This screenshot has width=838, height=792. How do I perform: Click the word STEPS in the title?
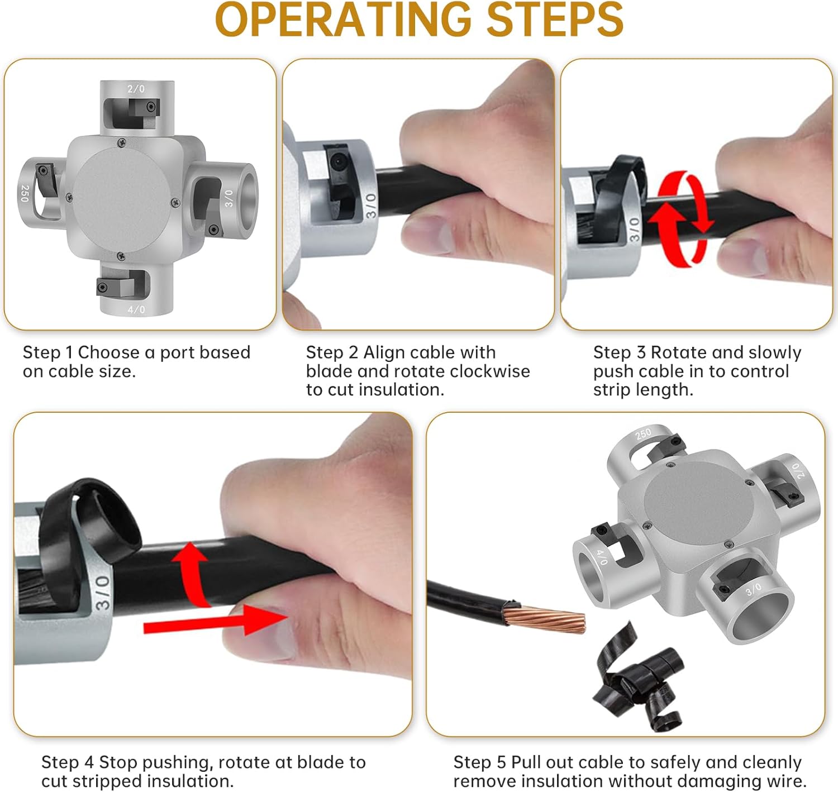click(555, 20)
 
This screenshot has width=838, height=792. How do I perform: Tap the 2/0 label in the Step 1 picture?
click(136, 89)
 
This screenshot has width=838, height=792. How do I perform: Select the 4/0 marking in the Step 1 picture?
click(136, 309)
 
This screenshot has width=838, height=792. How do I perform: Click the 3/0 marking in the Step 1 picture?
click(229, 199)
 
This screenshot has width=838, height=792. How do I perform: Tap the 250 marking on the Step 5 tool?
click(643, 434)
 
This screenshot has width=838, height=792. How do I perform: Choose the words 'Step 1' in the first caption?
click(47, 352)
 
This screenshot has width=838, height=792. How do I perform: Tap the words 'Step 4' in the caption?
click(68, 762)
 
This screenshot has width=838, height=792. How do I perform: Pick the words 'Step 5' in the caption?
click(479, 762)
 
